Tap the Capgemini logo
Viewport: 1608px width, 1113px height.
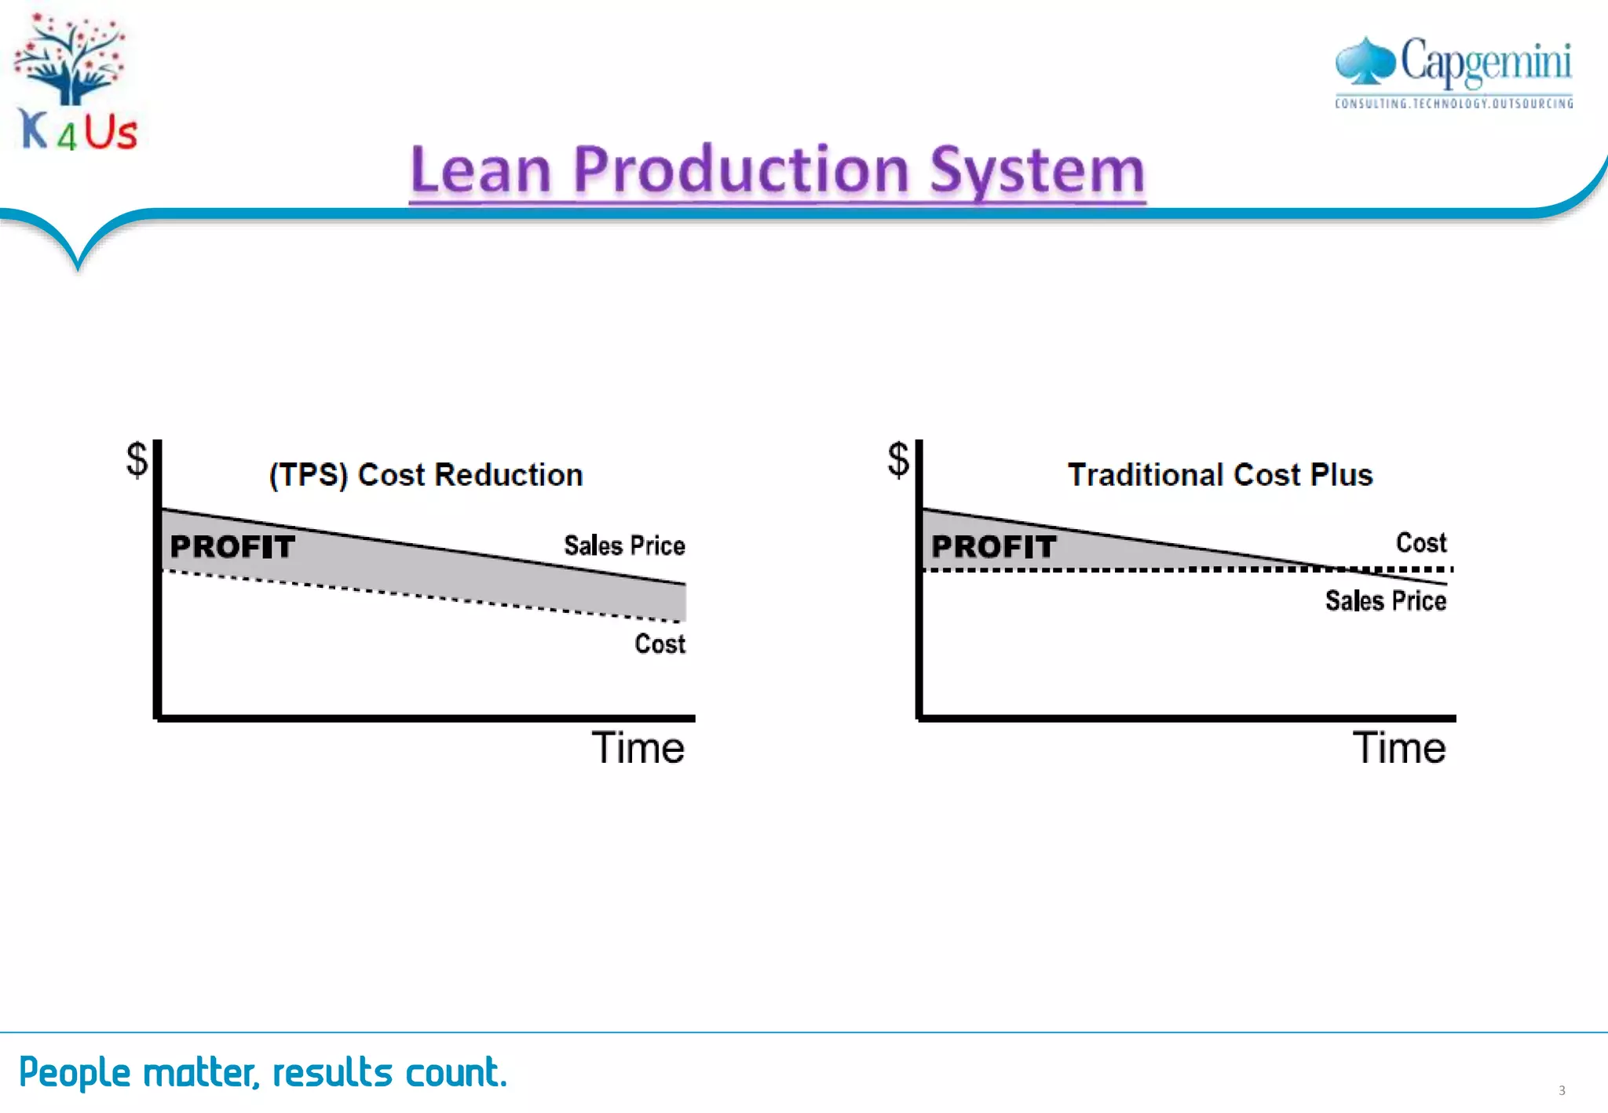click(1453, 63)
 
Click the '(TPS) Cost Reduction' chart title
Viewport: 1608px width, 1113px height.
click(426, 475)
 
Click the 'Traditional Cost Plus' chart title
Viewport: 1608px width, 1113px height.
click(1220, 475)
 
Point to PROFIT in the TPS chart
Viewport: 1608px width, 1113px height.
click(232, 546)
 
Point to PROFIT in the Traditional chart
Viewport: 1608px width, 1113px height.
click(993, 546)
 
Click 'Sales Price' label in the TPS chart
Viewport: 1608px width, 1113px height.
click(624, 546)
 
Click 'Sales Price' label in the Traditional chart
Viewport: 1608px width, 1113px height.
click(1385, 600)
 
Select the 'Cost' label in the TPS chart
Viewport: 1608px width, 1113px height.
click(660, 644)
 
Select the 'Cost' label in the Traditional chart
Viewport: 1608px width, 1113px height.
click(1420, 542)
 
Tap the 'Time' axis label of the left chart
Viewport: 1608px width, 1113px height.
click(638, 747)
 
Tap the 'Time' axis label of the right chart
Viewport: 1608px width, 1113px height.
click(1398, 747)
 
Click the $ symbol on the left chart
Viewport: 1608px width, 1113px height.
click(137, 459)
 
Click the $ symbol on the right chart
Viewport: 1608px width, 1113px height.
click(898, 459)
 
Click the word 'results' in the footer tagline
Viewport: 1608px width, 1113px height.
click(332, 1072)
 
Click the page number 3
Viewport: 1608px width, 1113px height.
click(1562, 1090)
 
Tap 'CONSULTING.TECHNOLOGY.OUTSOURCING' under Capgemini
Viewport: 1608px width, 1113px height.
click(1453, 104)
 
